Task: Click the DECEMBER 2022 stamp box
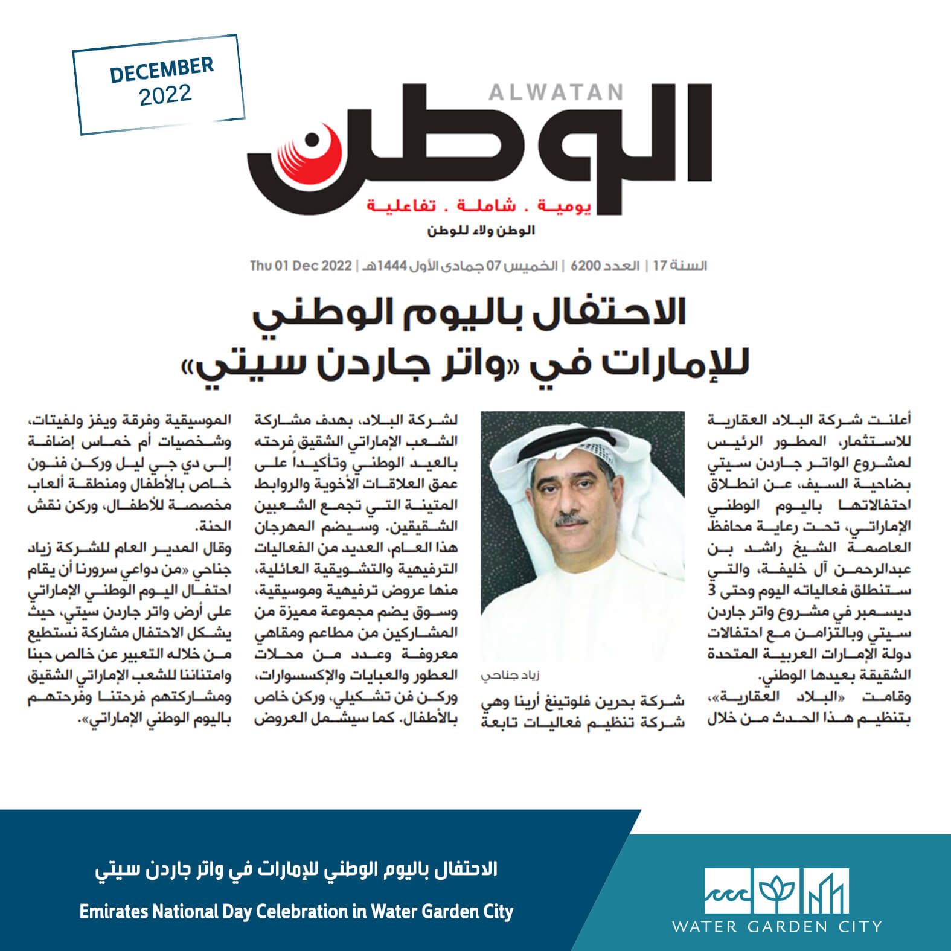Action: pos(159,84)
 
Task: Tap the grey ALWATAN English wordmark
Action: pos(556,92)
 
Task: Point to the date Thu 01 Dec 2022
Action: pos(300,266)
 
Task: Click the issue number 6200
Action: pos(582,266)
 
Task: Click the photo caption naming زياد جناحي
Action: pos(506,676)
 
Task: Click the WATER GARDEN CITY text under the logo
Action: pos(777,926)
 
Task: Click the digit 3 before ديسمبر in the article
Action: pos(906,591)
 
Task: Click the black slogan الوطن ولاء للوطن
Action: pos(481,231)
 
